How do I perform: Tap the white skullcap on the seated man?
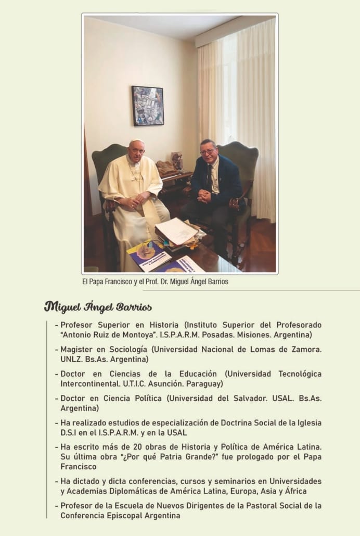(x=136, y=142)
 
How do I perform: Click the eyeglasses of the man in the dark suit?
(x=208, y=152)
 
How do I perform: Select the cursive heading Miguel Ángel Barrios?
(x=98, y=307)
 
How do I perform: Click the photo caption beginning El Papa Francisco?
(x=155, y=282)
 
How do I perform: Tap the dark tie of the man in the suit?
(x=209, y=177)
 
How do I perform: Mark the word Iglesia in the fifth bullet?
(x=306, y=423)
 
